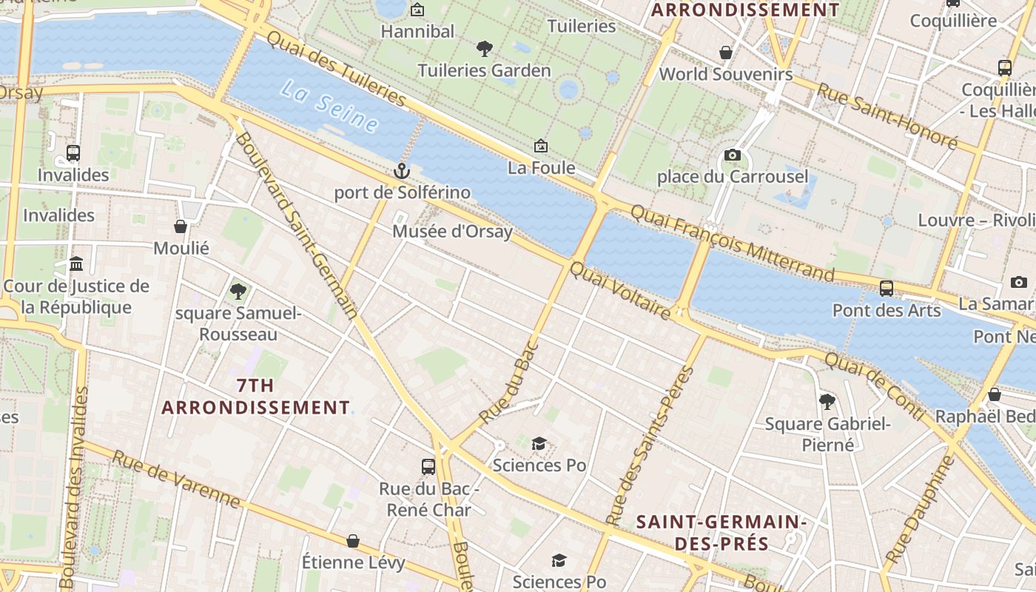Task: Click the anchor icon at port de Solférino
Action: coord(401,172)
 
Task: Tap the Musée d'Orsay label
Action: coord(452,232)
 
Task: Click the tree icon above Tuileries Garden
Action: coord(485,49)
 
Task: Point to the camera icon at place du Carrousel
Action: coord(733,155)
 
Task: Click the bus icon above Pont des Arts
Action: coord(887,289)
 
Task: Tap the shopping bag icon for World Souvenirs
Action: coord(726,53)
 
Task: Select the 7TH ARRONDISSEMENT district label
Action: coord(256,397)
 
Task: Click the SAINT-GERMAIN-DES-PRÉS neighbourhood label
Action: coord(721,533)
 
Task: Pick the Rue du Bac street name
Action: coord(508,383)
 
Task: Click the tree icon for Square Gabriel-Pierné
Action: coord(827,402)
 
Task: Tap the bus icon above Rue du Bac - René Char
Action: coord(428,466)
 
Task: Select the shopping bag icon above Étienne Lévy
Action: coord(353,541)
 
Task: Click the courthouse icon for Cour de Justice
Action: coord(76,264)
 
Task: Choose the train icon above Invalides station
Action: coord(73,153)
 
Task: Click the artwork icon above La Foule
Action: coord(541,146)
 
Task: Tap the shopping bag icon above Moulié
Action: coord(181,226)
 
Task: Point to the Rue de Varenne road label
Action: coord(176,480)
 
